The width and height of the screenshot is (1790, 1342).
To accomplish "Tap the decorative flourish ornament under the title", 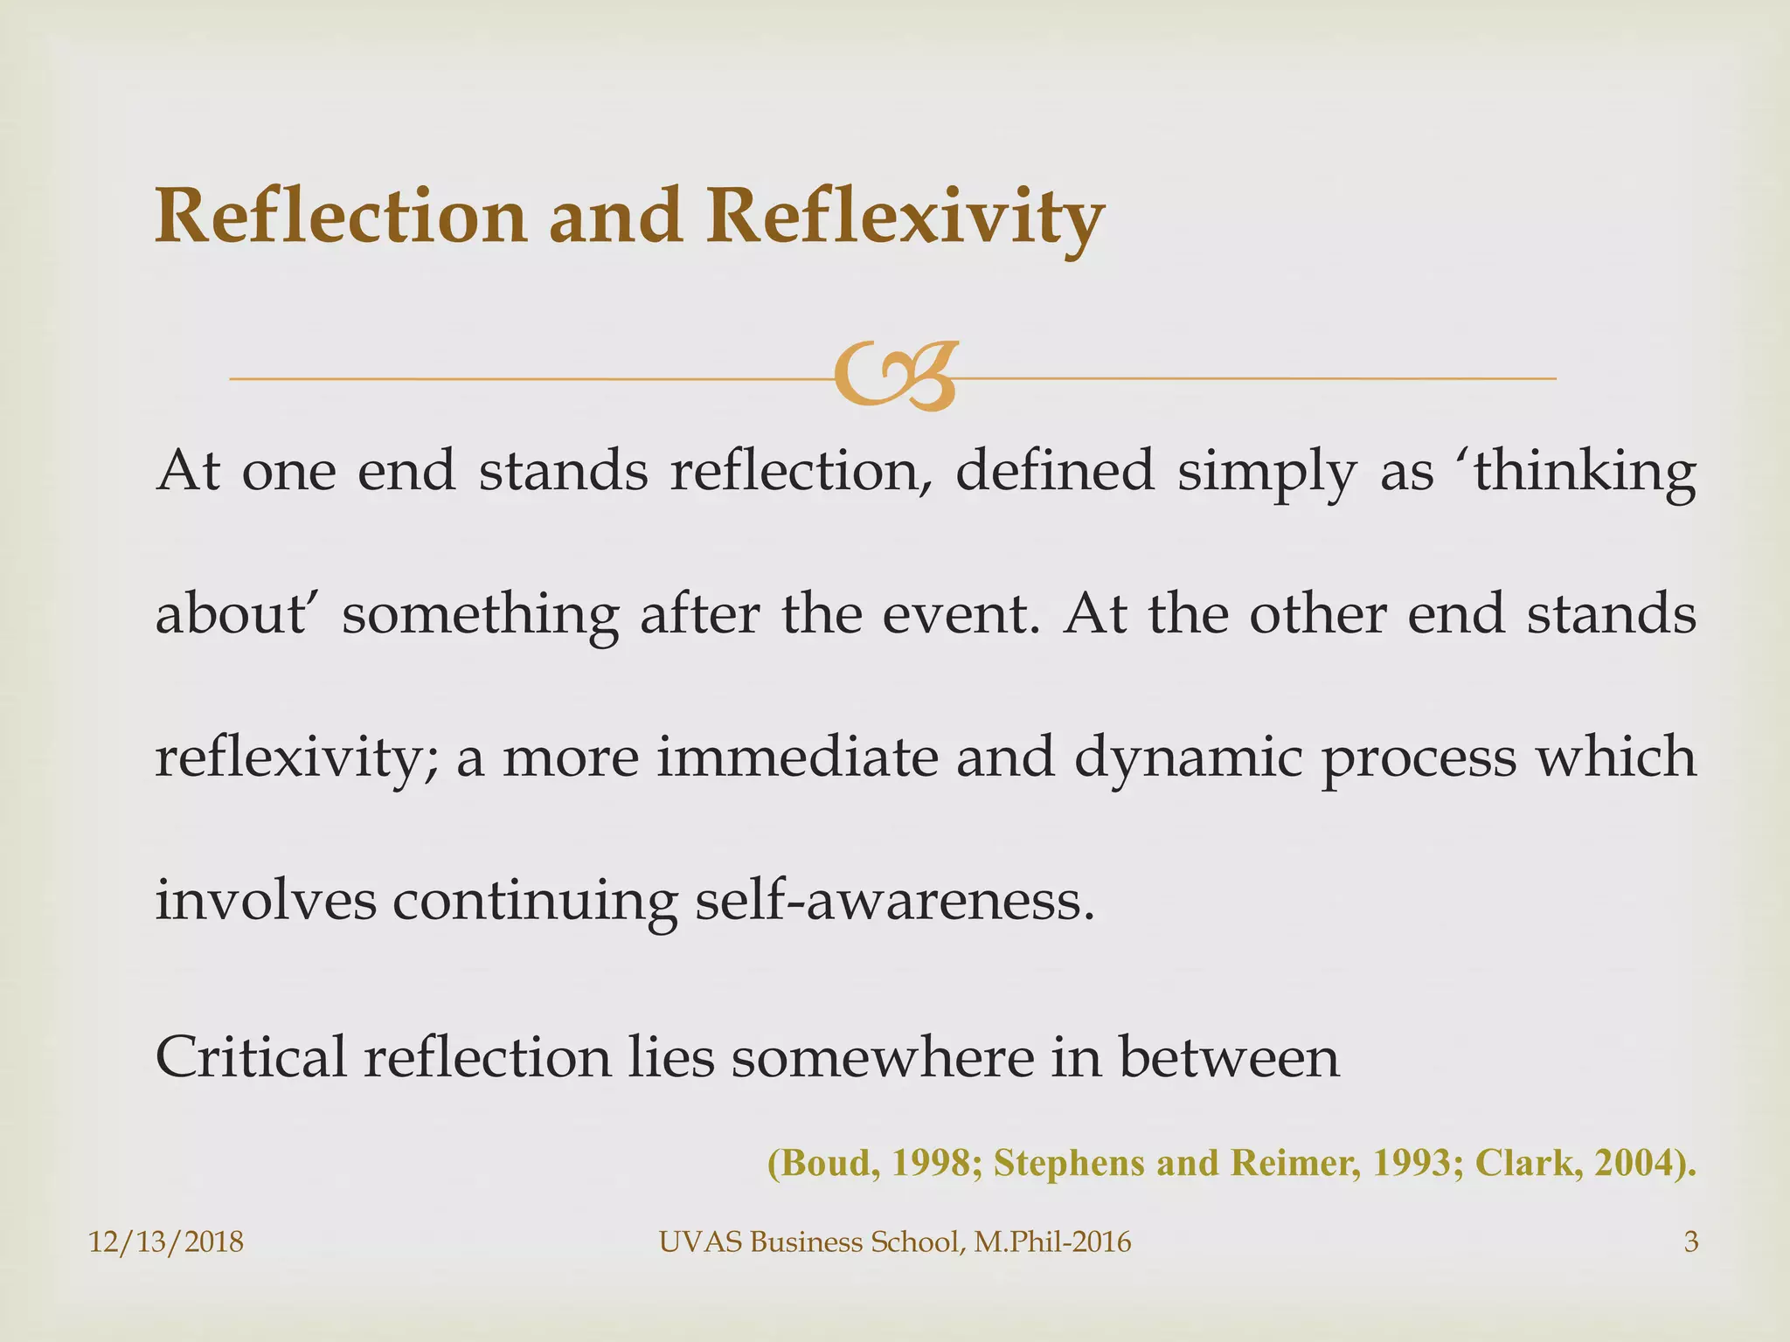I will (x=893, y=377).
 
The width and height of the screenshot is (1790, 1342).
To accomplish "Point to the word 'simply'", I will (x=1266, y=472).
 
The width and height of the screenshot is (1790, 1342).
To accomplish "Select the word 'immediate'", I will (x=795, y=757).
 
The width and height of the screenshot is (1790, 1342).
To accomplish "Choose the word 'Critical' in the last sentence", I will (x=249, y=1056).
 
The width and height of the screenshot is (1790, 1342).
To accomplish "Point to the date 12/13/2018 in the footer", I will (x=166, y=1242).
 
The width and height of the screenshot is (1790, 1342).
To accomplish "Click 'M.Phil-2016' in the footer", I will (x=1052, y=1242).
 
